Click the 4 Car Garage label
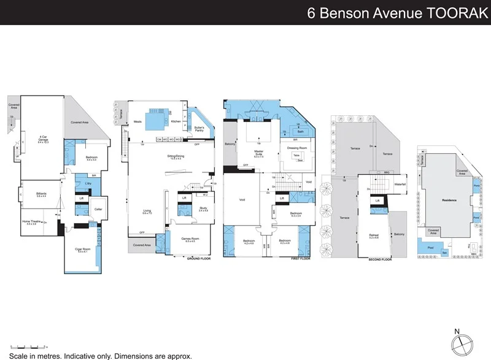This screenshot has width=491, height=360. (x=44, y=136)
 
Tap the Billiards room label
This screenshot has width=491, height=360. (x=41, y=194)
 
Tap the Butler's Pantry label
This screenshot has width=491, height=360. (x=198, y=128)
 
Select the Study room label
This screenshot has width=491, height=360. (x=202, y=209)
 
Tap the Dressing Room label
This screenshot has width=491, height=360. (x=296, y=148)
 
